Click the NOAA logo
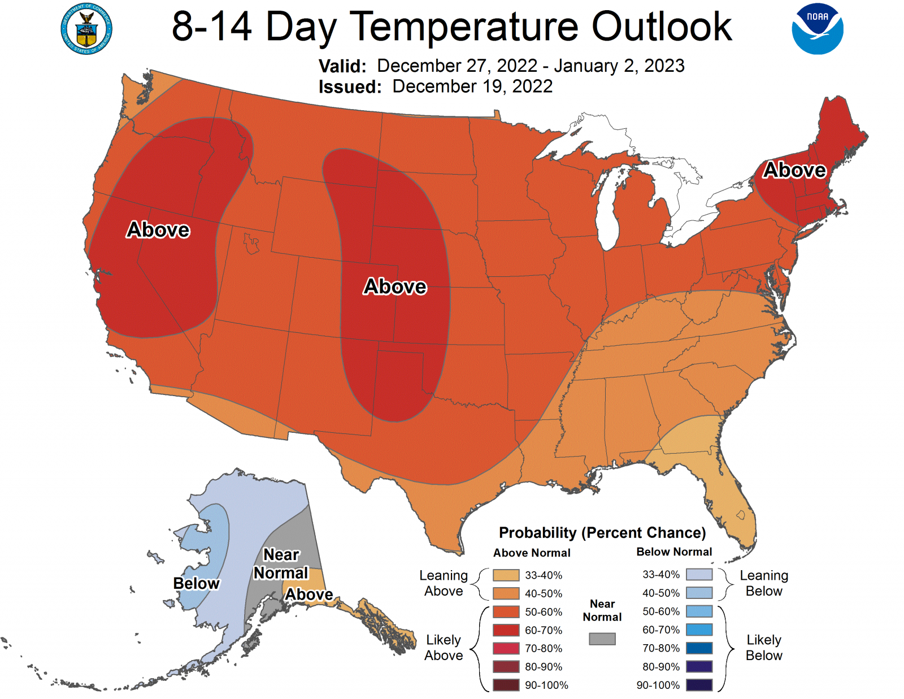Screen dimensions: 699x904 [x=817, y=29]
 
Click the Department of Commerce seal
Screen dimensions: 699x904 [x=86, y=29]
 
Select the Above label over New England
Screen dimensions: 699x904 [x=794, y=170]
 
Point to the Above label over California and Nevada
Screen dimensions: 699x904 [x=158, y=230]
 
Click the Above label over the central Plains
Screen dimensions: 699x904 [x=395, y=286]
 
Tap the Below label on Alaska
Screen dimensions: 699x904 [x=196, y=583]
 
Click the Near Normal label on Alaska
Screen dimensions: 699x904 [x=281, y=564]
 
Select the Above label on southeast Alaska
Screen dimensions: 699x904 [x=308, y=594]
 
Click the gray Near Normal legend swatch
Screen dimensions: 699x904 [x=602, y=639]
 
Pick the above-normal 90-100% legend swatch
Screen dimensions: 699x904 [x=506, y=685]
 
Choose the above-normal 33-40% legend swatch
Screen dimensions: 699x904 [x=506, y=575]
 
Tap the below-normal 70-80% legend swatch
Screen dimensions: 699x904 [x=699, y=648]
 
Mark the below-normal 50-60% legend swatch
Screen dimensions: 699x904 [x=699, y=611]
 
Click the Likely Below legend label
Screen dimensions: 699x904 [x=764, y=648]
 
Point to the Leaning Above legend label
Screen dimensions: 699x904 [x=444, y=583]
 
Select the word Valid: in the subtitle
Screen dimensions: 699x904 [x=342, y=66]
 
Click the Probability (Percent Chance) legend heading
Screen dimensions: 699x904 [x=602, y=533]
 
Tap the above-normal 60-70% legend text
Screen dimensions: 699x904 [x=544, y=630]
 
